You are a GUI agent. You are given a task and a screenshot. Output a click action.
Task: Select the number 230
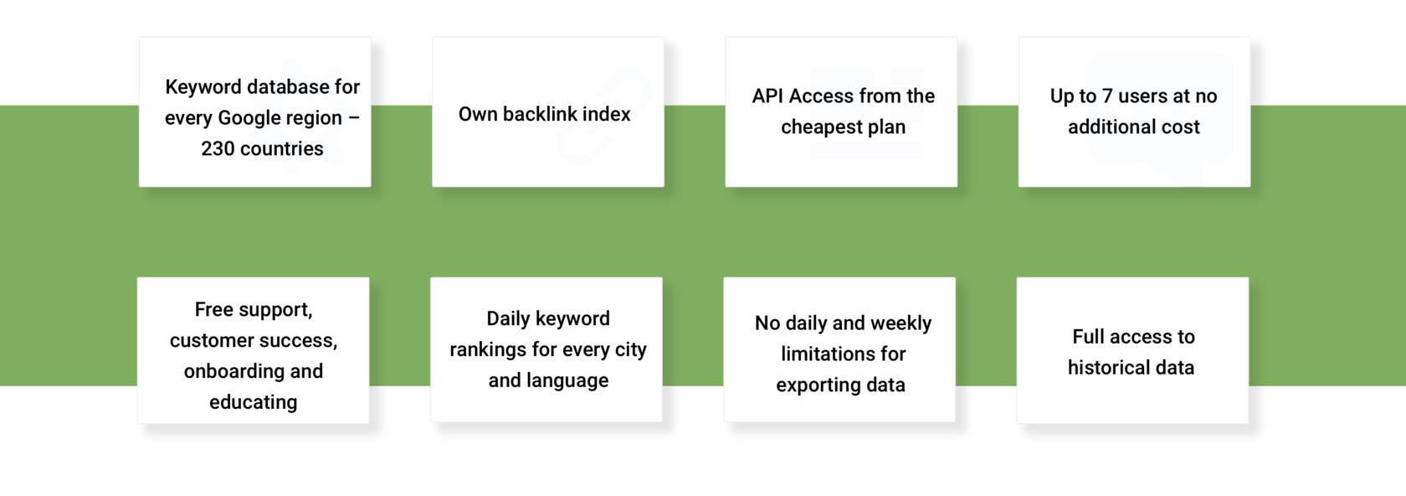(218, 148)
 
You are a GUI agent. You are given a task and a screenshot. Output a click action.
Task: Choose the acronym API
(767, 96)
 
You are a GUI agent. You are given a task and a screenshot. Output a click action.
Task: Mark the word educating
(253, 402)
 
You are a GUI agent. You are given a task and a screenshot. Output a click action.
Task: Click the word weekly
(901, 323)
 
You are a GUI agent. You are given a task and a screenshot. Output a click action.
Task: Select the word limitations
(821, 354)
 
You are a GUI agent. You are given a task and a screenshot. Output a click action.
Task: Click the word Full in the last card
(1087, 337)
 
